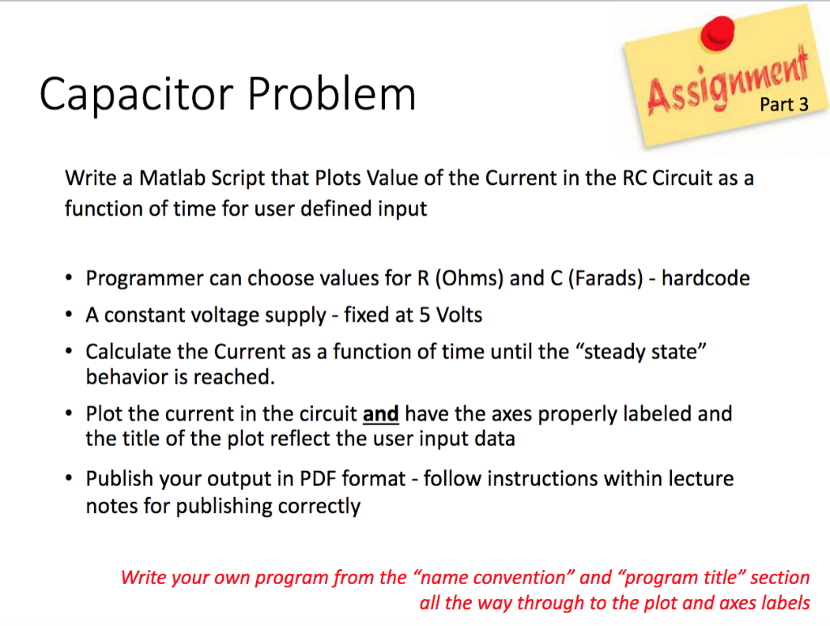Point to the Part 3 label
pyautogui.click(x=784, y=105)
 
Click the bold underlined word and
pyautogui.click(x=381, y=414)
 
